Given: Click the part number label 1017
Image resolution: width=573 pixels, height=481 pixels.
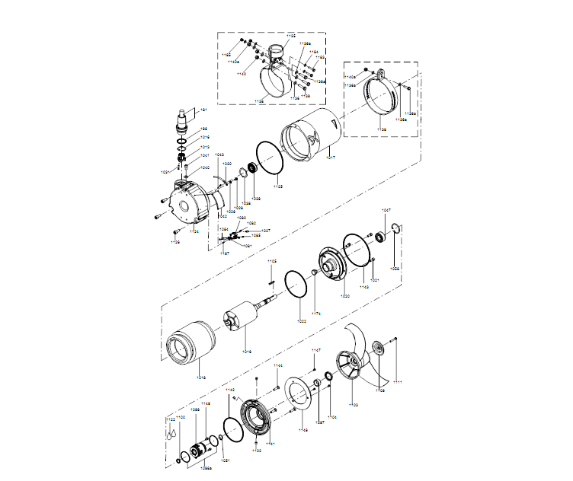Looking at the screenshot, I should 330,157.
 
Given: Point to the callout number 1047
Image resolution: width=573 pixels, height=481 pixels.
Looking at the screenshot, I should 386,210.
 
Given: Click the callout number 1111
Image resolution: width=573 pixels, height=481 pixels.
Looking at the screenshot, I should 397,381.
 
